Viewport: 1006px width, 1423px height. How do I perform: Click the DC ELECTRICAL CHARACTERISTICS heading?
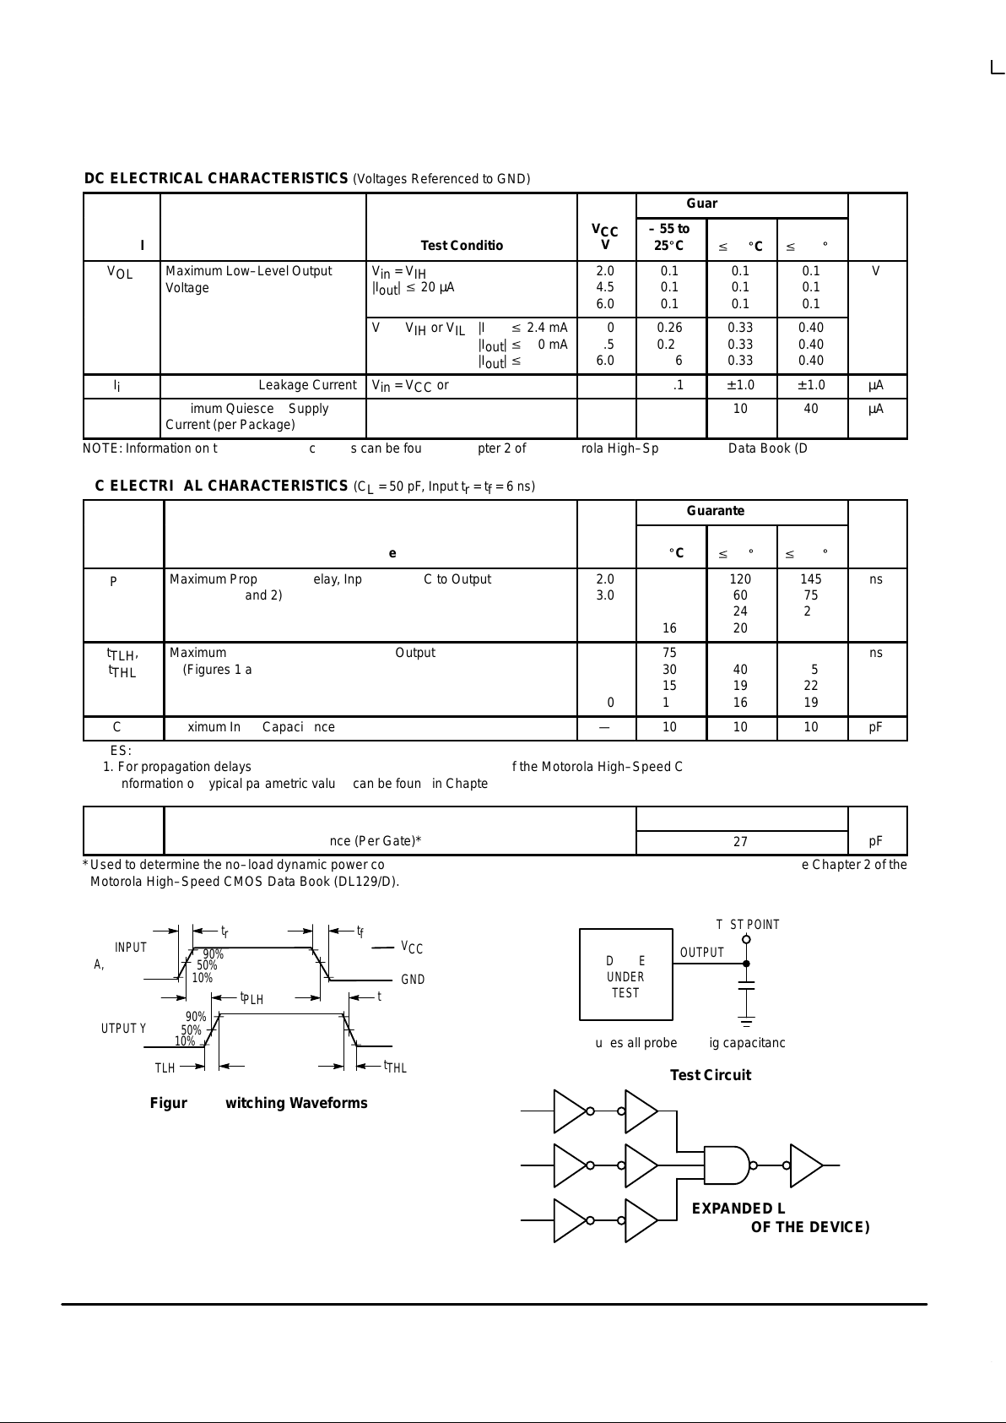pyautogui.click(x=216, y=178)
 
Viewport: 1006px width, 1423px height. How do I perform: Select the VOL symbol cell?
pyautogui.click(x=120, y=273)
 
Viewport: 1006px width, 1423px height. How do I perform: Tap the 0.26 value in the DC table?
pyautogui.click(x=669, y=328)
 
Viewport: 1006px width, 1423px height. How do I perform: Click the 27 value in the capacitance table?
pyautogui.click(x=740, y=842)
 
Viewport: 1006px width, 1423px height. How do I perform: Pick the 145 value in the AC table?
pyautogui.click(x=810, y=579)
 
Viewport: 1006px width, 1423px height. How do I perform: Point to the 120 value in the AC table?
pyautogui.click(x=740, y=579)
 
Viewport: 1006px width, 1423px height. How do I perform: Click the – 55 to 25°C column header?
pyautogui.click(x=669, y=237)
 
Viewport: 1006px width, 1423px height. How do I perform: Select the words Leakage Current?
pyautogui.click(x=307, y=385)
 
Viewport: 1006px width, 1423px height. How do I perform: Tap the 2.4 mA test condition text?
pyautogui.click(x=547, y=328)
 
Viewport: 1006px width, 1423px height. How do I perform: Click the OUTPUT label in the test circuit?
pyautogui.click(x=702, y=953)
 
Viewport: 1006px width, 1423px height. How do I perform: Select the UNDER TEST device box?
pyautogui.click(x=625, y=976)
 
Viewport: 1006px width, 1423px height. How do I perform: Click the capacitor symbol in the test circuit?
pyautogui.click(x=746, y=985)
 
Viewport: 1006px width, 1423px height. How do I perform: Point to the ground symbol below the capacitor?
pyautogui.click(x=746, y=1021)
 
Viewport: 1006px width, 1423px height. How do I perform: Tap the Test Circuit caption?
pyautogui.click(x=710, y=1075)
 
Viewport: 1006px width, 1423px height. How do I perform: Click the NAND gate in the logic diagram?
pyautogui.click(x=727, y=1165)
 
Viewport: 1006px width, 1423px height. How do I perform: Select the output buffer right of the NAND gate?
pyautogui.click(x=805, y=1165)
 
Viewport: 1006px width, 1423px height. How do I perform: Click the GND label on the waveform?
pyautogui.click(x=413, y=980)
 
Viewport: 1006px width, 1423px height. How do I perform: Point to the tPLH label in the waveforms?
pyautogui.click(x=252, y=998)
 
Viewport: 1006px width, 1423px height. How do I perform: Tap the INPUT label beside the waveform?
pyautogui.click(x=131, y=948)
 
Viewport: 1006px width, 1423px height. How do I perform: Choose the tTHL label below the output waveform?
pyautogui.click(x=395, y=1067)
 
